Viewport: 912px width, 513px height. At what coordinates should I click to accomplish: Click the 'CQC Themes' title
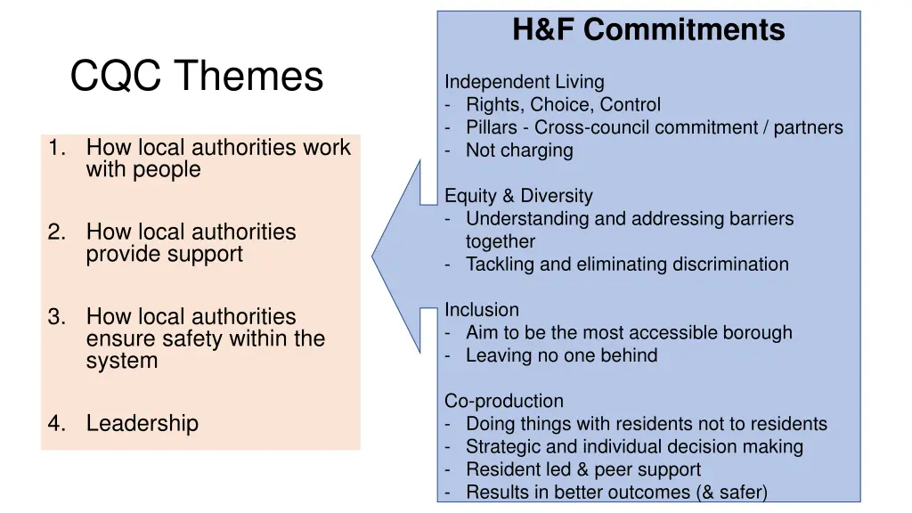point(196,77)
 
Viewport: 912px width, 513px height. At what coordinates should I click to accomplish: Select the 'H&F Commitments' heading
point(648,30)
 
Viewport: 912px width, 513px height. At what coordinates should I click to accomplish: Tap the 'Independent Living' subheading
point(524,82)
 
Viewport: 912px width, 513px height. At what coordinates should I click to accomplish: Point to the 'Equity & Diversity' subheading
point(518,196)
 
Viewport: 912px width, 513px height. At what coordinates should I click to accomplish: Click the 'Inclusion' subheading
point(481,310)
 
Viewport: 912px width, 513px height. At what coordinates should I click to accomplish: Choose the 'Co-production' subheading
point(504,401)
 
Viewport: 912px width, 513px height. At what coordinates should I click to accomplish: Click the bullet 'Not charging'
point(519,151)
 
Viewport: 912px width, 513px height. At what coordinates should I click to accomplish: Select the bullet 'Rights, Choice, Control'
point(563,105)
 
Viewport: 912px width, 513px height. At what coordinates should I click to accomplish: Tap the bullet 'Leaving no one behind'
point(561,355)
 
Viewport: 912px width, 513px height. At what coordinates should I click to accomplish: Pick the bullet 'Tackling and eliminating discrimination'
point(627,264)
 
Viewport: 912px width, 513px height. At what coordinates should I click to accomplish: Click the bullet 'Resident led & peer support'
point(583,469)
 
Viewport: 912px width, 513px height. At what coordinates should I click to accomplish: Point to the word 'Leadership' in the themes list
point(142,424)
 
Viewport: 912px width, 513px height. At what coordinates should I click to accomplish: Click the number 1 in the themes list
point(55,147)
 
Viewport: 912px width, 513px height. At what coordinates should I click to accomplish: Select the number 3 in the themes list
point(55,316)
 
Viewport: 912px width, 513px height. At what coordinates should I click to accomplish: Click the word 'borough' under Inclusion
point(757,333)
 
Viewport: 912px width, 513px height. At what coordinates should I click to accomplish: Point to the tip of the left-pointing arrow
point(373,257)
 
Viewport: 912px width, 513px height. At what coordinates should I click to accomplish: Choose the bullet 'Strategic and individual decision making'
point(634,447)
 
